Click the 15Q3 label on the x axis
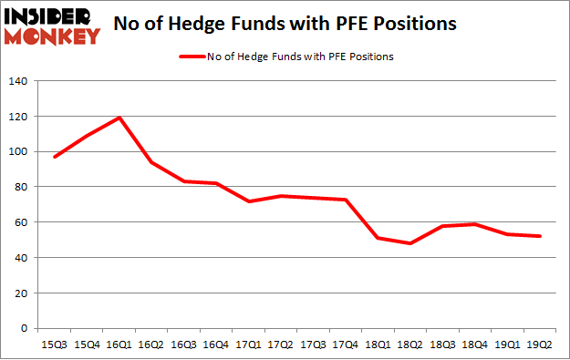point(54,345)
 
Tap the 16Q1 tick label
point(119,345)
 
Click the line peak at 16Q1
point(119,118)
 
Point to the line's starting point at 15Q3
point(55,157)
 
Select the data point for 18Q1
point(377,238)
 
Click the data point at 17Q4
point(344,200)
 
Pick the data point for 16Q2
point(151,162)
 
